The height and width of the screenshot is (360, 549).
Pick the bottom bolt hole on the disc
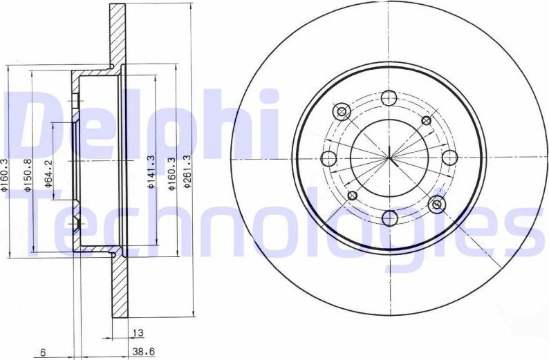click(390, 218)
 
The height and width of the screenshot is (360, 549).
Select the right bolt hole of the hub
click(450, 158)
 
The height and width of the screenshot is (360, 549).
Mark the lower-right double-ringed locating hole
click(437, 204)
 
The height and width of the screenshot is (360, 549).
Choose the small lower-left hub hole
click(352, 196)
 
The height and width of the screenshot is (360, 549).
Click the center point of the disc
click(390, 158)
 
